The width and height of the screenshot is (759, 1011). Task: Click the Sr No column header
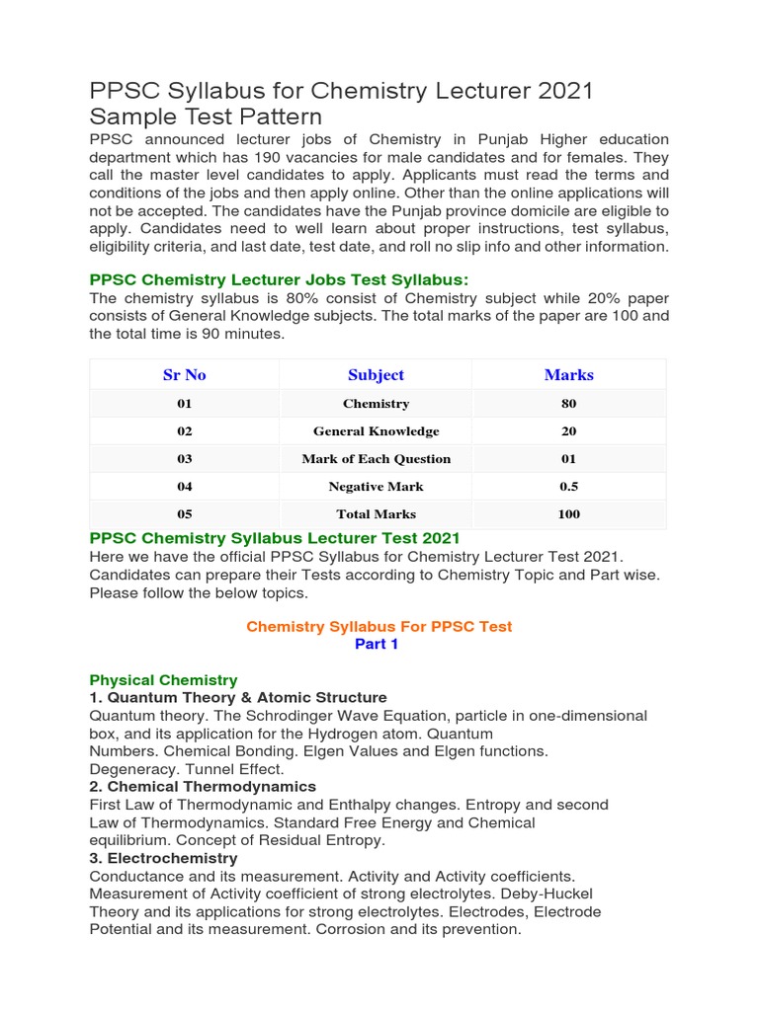184,375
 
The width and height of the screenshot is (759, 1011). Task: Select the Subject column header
376,375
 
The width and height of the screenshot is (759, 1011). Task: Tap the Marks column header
568,375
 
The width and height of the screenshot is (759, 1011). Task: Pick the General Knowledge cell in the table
376,431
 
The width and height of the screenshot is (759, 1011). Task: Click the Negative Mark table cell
376,487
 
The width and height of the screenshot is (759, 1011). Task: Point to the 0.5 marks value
568,487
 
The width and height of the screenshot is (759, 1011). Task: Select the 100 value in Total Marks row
568,514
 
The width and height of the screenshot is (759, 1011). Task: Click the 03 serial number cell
184,459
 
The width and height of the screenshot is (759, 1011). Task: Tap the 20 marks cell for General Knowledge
568,431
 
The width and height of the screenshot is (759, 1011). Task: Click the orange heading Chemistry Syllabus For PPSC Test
379,627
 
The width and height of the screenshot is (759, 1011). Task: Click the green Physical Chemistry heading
163,680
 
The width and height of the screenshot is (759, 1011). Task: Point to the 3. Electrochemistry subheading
163,858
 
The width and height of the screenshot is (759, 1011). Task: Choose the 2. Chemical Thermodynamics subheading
203,787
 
